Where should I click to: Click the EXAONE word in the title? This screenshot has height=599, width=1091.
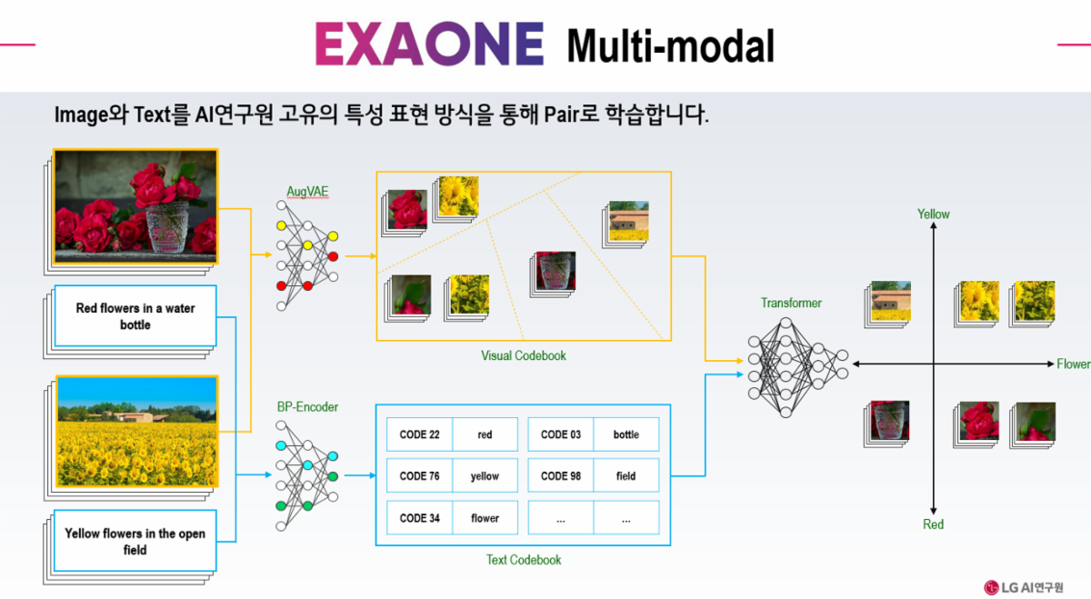coord(429,44)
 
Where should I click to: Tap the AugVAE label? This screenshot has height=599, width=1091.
coord(307,192)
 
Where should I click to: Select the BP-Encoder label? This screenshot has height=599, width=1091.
coord(307,406)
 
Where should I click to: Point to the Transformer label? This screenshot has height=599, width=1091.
coord(791,303)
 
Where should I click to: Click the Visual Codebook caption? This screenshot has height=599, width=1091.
coord(524,355)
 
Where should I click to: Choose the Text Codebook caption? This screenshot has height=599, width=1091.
coord(524,560)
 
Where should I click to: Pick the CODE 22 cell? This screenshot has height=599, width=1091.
coord(419,434)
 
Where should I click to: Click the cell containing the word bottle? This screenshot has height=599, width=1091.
coord(626,434)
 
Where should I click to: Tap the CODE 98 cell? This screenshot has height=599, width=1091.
coord(561,475)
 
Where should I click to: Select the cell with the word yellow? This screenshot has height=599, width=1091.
coord(485,475)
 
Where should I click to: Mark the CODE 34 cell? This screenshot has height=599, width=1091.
coord(419,518)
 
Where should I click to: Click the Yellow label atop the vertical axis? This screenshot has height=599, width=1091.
coord(933,215)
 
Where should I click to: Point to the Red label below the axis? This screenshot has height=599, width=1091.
coord(933,524)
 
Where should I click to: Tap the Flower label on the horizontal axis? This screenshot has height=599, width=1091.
coord(1073,364)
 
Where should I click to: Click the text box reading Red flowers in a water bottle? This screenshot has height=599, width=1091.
coord(135,316)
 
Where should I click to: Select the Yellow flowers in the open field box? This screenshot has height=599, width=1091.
coord(135,541)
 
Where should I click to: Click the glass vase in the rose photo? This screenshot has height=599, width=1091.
coord(168,227)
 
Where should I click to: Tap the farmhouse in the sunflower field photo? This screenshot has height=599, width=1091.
coord(135,417)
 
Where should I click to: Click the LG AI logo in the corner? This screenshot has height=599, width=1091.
coord(1024,587)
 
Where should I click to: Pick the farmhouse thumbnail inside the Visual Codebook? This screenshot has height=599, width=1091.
coord(629,222)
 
